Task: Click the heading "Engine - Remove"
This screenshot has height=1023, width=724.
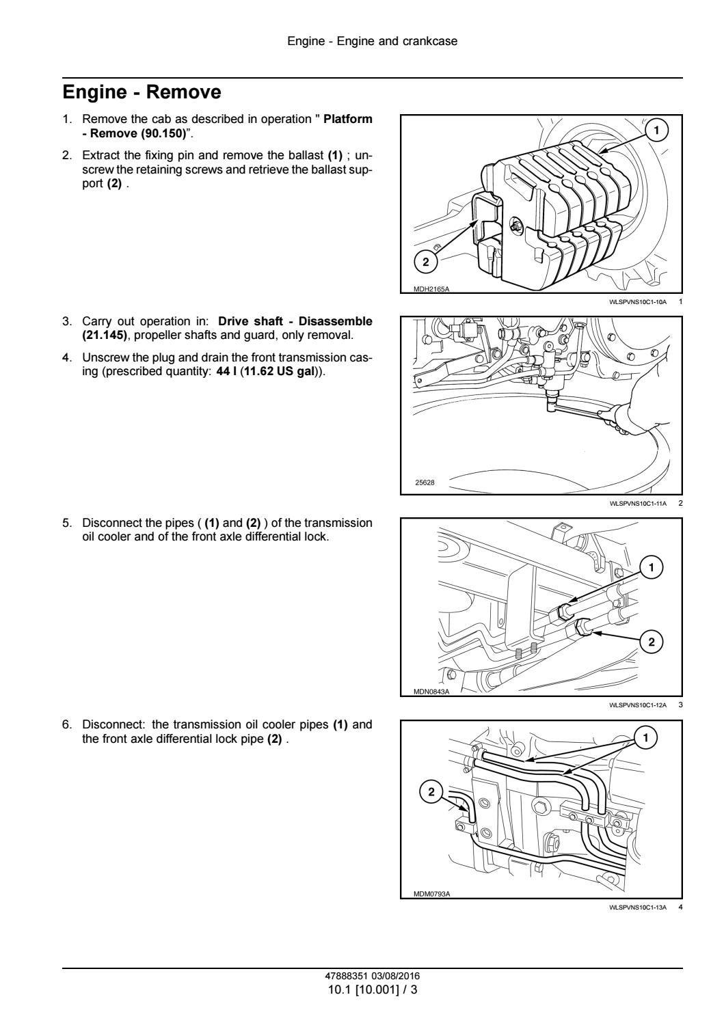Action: [x=142, y=92]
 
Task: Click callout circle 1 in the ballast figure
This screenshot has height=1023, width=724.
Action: [x=656, y=130]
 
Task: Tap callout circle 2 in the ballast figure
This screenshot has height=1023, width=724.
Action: [x=425, y=262]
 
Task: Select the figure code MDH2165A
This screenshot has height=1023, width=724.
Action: [x=431, y=289]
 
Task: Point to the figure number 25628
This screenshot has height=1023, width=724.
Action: [x=425, y=482]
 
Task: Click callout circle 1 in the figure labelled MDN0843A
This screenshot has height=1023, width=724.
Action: [x=652, y=567]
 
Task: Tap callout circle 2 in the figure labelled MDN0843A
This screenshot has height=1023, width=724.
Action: [x=652, y=641]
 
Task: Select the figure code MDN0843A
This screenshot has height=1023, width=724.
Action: [x=431, y=692]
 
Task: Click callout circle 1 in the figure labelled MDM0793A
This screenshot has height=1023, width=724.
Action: [x=645, y=737]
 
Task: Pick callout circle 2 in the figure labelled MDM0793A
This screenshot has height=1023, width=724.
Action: [x=431, y=792]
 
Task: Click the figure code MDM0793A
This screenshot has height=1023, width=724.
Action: [x=431, y=894]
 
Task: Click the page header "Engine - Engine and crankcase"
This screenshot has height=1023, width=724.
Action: [x=372, y=41]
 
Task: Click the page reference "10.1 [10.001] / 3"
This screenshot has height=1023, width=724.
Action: [x=372, y=988]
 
